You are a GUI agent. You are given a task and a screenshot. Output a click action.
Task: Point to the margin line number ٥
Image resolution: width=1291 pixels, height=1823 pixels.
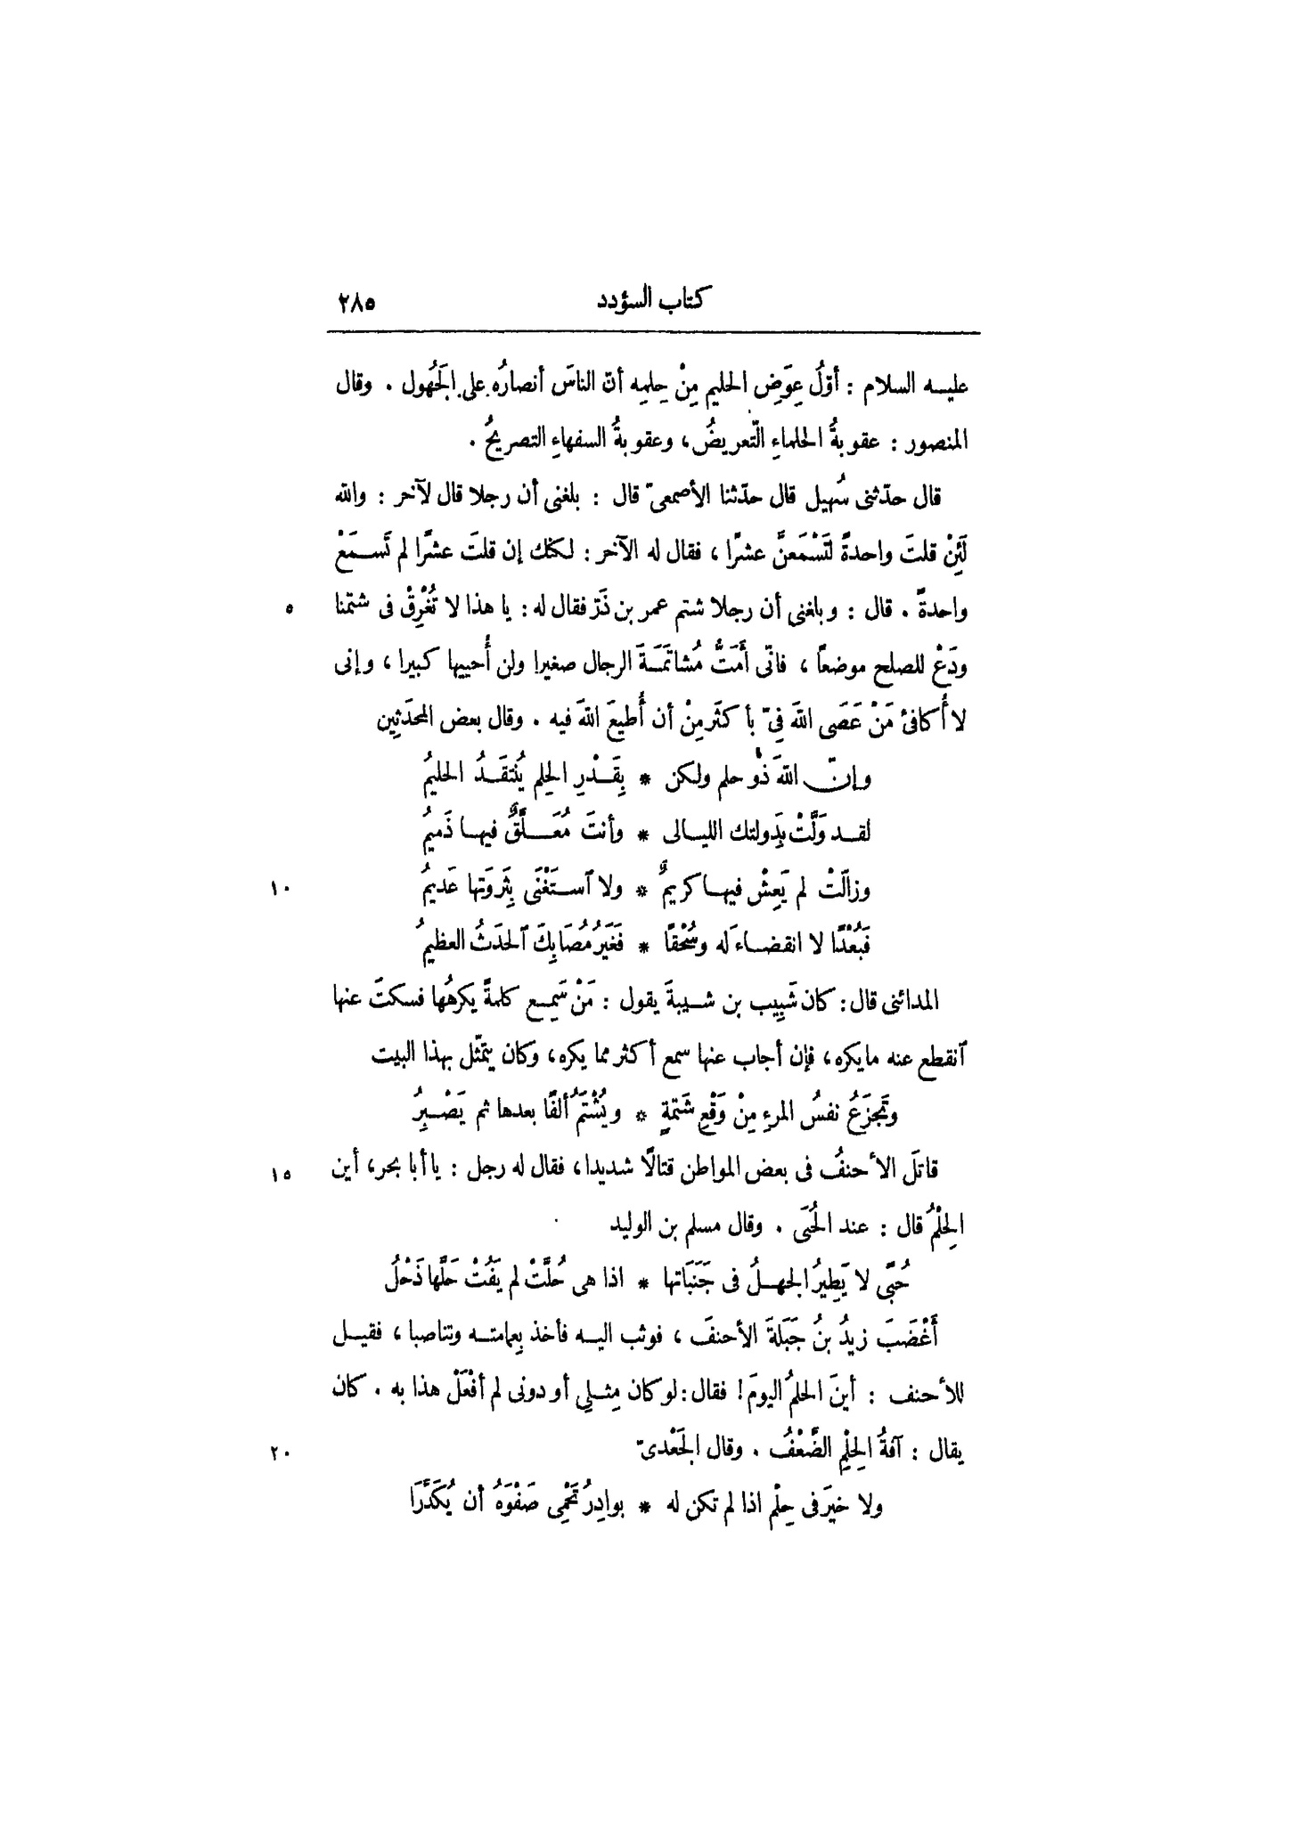click(x=287, y=611)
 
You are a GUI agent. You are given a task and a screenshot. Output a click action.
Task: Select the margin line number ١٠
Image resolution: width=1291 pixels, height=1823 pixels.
click(x=282, y=888)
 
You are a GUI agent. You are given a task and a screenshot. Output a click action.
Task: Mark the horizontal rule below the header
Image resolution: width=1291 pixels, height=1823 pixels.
click(x=653, y=334)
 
